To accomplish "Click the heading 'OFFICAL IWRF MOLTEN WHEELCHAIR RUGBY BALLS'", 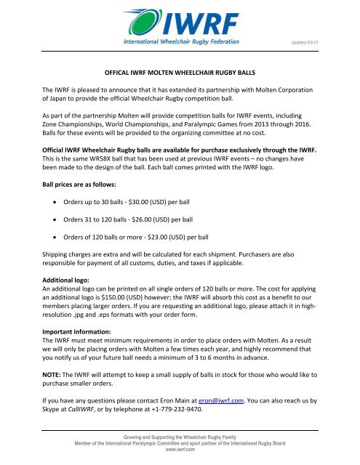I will coord(179,74).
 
